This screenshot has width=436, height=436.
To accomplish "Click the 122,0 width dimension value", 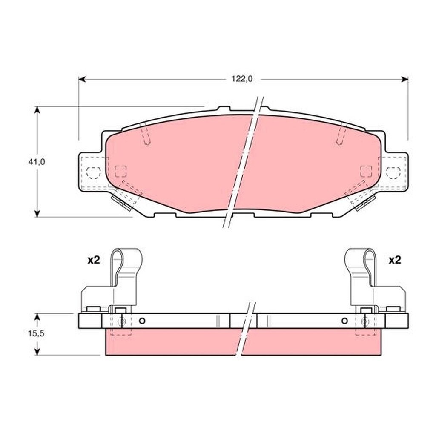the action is [242, 79].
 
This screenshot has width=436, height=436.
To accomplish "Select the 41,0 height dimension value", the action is [37, 162].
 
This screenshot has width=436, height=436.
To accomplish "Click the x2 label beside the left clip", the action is [94, 260].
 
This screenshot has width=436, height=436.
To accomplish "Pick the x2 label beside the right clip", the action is [395, 260].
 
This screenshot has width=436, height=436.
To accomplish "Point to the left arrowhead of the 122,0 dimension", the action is [82, 80].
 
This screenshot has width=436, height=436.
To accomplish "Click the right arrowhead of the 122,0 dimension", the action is [405, 80].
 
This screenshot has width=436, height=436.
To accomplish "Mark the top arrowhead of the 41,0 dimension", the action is [37, 110].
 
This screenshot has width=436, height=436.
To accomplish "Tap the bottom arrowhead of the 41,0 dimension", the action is [37, 214].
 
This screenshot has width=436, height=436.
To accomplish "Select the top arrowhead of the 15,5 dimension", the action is [37, 317].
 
